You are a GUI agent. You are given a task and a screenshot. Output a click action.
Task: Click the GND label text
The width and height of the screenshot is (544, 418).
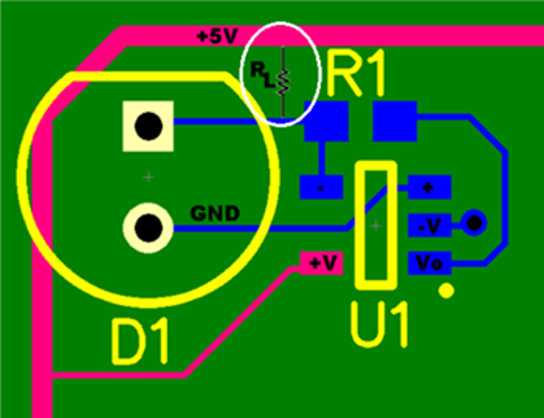[x=214, y=214]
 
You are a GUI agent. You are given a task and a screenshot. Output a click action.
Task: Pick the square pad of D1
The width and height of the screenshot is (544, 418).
[x=148, y=126]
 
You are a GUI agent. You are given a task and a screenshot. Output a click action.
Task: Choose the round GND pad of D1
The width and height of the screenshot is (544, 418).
[x=148, y=225]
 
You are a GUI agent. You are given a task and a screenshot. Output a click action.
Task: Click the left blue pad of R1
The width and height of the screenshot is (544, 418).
[x=326, y=121]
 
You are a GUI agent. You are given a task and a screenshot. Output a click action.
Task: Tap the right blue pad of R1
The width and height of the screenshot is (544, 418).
[x=394, y=120]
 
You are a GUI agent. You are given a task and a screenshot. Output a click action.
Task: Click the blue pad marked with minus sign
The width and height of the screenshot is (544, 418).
[x=320, y=186]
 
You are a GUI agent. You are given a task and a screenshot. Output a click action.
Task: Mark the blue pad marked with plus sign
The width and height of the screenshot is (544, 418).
[x=429, y=186]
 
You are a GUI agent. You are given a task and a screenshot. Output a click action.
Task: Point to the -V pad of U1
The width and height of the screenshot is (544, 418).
[x=429, y=224]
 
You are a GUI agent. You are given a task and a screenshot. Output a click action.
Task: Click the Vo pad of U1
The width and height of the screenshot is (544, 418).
[x=429, y=263]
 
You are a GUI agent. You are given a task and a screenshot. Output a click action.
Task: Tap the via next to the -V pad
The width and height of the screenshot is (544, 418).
[x=473, y=222]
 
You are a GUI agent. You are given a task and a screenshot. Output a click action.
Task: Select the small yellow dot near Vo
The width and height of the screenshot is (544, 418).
[x=446, y=291]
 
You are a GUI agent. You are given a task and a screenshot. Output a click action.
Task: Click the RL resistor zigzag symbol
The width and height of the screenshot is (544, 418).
[x=284, y=82]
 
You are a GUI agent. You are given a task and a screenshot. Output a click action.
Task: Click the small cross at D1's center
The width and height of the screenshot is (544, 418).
[x=148, y=177]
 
